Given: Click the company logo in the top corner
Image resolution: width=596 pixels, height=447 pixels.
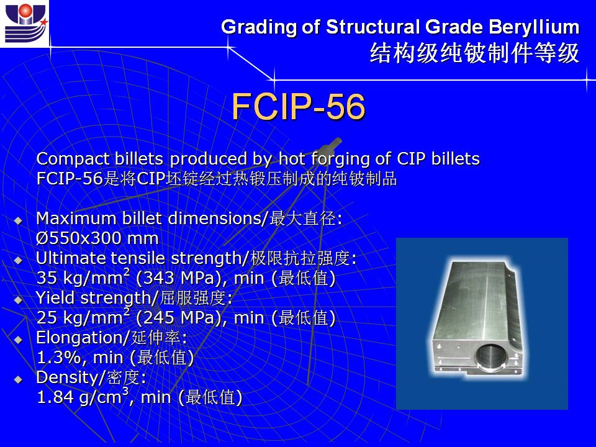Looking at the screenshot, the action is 25,24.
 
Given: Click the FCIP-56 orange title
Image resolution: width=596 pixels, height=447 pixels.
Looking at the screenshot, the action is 299,106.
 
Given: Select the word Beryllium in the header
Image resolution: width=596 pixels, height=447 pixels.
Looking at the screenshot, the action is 534,28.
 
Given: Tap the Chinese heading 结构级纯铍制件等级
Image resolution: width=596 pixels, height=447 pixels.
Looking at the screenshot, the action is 474,53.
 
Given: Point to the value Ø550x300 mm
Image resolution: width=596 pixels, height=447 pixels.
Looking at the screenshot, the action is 97,238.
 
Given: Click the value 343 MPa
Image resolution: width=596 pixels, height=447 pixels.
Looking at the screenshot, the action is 178,278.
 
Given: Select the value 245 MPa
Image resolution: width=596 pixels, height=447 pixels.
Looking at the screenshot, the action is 178,317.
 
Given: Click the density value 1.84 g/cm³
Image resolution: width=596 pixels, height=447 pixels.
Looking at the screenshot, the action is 83,396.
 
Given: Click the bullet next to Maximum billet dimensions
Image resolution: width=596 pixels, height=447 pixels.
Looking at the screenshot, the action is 18,220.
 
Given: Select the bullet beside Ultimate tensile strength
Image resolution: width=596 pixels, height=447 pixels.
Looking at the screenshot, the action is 18,260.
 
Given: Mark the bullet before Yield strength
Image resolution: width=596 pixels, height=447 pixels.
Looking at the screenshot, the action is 18,300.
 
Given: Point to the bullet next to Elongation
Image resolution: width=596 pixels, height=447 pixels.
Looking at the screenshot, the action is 18,340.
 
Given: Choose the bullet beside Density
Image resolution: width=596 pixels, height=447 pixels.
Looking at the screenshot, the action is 18,379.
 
